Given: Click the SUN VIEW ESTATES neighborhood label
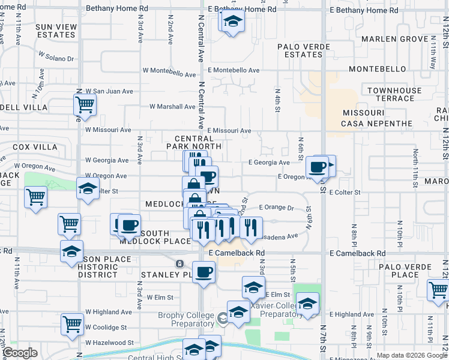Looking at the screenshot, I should point(56,31).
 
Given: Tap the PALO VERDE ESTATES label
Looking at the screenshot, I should point(300,50).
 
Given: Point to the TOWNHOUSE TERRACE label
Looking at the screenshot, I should point(394,94).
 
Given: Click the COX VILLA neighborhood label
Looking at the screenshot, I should point(35,147).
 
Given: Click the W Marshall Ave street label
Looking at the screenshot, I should point(172,107).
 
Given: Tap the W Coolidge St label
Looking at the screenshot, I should point(106,328).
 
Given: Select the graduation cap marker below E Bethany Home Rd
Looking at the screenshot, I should point(232,22).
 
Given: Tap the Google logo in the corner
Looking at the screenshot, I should point(20,353).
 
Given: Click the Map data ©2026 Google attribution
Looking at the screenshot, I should point(412,355).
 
